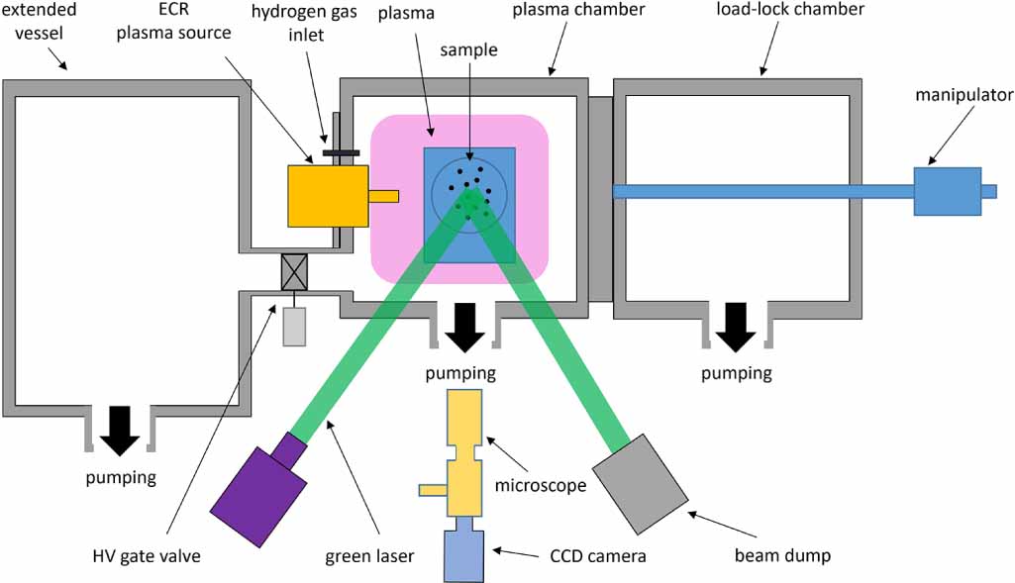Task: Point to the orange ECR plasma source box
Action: click(x=321, y=196)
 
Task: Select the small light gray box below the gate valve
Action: click(x=294, y=327)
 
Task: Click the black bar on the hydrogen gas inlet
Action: click(x=341, y=153)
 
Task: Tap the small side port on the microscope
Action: click(x=434, y=490)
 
